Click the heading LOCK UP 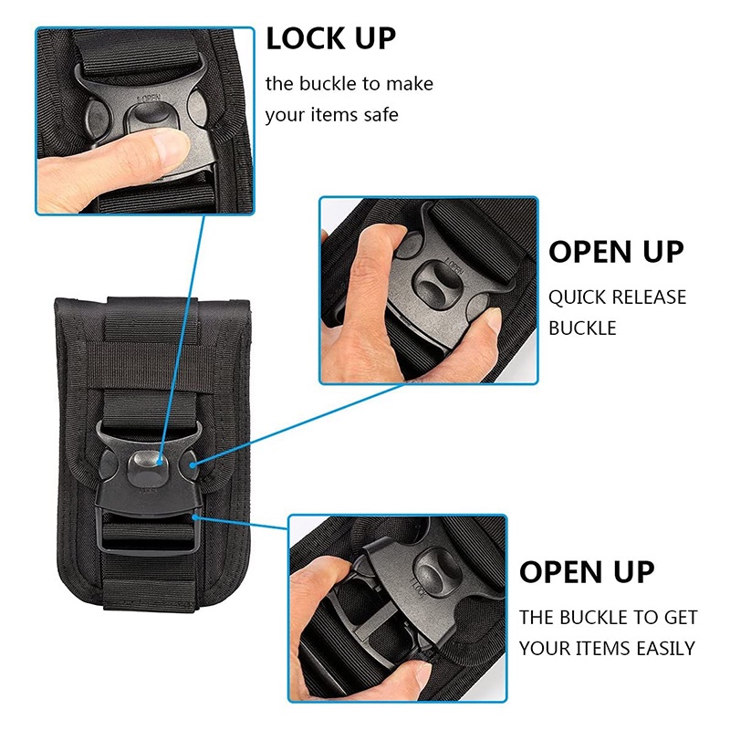[x=330, y=38]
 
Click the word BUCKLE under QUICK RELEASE [x=582, y=328]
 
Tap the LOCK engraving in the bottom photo [x=417, y=588]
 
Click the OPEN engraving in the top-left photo [x=149, y=99]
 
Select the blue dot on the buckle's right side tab [x=193, y=464]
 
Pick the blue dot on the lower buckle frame [x=195, y=517]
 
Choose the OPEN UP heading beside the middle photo [x=617, y=253]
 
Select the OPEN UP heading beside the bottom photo [x=587, y=572]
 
